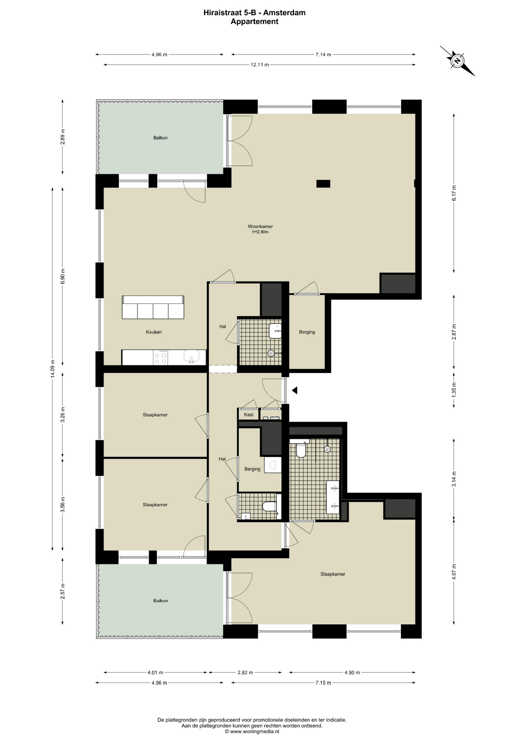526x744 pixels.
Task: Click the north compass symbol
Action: [x=457, y=61]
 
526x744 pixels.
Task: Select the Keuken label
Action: [x=154, y=332]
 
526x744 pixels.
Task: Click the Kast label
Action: [x=249, y=415]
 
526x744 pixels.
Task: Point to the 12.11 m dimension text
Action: [x=260, y=65]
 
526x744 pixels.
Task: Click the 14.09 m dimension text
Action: [x=53, y=369]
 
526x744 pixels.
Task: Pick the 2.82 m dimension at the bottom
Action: [x=245, y=672]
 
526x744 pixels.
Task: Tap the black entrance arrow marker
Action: [x=294, y=390]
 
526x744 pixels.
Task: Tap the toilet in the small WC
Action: [x=269, y=506]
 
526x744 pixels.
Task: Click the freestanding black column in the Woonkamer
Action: [x=323, y=184]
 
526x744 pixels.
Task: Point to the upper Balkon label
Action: [x=160, y=138]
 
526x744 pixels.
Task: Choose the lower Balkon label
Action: [x=160, y=601]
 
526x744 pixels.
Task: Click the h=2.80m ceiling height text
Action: [x=260, y=232]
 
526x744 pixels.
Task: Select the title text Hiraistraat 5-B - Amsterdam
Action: [x=254, y=13]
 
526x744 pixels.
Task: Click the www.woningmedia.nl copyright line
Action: [x=252, y=732]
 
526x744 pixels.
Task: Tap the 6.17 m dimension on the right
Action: [x=454, y=193]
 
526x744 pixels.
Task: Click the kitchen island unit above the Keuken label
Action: [x=153, y=307]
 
